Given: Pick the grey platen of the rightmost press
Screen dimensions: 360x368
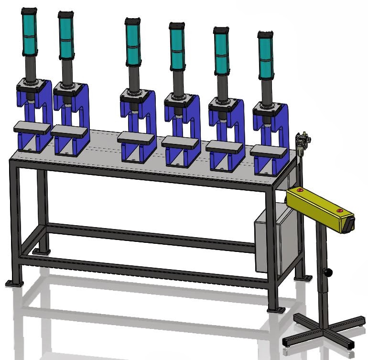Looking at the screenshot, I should (x=269, y=150).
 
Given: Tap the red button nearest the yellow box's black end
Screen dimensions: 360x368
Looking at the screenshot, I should (x=339, y=210).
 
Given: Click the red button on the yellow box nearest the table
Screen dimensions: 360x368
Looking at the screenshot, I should (x=300, y=190).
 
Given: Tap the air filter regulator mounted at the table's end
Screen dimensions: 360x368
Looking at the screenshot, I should (x=302, y=141).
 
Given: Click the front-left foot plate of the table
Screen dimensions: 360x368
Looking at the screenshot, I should (x=14, y=284).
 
